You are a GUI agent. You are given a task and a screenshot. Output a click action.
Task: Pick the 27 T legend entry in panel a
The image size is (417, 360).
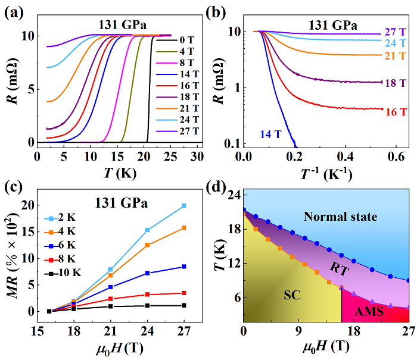[x=188, y=142]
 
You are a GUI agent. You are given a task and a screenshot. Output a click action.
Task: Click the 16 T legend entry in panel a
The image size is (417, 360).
[x=188, y=91]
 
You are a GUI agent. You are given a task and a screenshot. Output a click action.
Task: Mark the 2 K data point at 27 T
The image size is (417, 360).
[x=183, y=205]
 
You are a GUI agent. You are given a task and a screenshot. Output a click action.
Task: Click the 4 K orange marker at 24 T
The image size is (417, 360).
[x=148, y=245]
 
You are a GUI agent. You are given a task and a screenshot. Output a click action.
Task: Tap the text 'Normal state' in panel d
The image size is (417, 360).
[x=340, y=217]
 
